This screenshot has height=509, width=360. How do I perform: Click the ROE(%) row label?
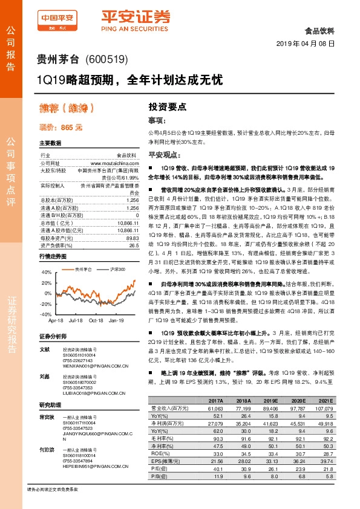point(159,453)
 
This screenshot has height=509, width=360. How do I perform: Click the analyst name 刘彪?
point(44,375)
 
